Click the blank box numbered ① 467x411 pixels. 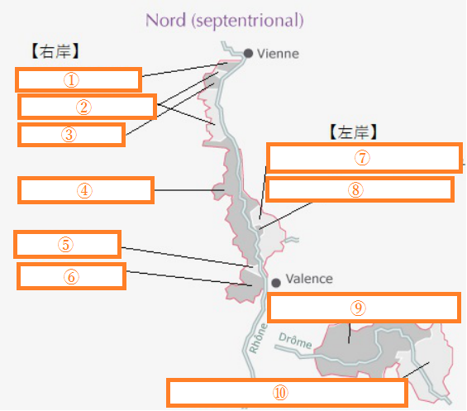[79, 79]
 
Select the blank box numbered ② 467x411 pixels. [87, 107]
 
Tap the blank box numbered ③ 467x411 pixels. [71, 135]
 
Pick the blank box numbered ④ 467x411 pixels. [86, 190]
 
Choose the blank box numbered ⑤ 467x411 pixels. [67, 244]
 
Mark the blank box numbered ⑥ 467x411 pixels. [71, 276]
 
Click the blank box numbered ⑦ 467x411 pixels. [364, 158]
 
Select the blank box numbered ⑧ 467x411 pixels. [360, 189]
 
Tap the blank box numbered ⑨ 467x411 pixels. [364, 308]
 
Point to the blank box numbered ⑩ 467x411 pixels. [287, 393]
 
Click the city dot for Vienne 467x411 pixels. [248, 54]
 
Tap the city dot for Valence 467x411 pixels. [276, 282]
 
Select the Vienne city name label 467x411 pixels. [278, 54]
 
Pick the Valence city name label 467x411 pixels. [309, 279]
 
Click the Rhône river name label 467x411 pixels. [258, 338]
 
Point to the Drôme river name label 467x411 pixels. [295, 341]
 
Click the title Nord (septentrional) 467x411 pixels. [225, 21]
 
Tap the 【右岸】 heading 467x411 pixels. [55, 51]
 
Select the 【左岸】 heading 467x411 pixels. [354, 132]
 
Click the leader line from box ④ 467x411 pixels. [189, 190]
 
